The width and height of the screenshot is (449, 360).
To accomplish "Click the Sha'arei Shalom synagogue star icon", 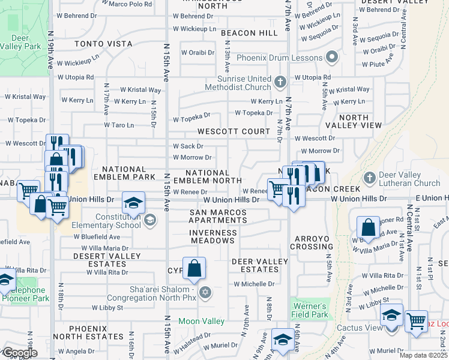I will (206, 292).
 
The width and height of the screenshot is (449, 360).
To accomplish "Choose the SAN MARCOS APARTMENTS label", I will (218, 217).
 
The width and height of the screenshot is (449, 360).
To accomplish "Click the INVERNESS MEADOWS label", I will (212, 236).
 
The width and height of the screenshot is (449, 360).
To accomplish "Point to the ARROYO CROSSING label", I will (312, 242).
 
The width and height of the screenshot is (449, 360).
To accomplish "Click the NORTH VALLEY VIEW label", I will (360, 121).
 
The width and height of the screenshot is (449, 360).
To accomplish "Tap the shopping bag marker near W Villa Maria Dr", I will (368, 227).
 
